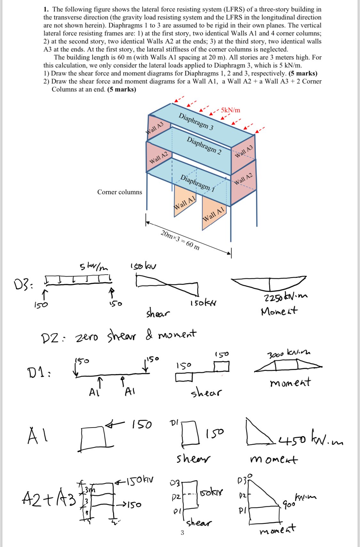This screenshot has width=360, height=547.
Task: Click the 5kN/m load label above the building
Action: tap(230, 110)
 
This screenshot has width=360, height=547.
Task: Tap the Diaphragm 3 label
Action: tap(196, 121)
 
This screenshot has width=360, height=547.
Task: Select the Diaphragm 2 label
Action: tap(204, 145)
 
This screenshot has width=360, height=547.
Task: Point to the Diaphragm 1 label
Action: tap(197, 183)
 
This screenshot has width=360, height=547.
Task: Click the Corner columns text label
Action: tap(119, 192)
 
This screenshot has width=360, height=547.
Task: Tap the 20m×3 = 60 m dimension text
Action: tap(180, 240)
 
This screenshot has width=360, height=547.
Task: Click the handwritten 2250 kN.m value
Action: tap(285, 297)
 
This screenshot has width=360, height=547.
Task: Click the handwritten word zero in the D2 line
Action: tap(87, 337)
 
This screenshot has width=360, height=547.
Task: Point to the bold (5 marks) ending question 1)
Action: tap(303, 73)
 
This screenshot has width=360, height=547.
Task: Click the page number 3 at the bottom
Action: tap(182, 533)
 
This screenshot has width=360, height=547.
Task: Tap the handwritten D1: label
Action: tap(38, 373)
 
